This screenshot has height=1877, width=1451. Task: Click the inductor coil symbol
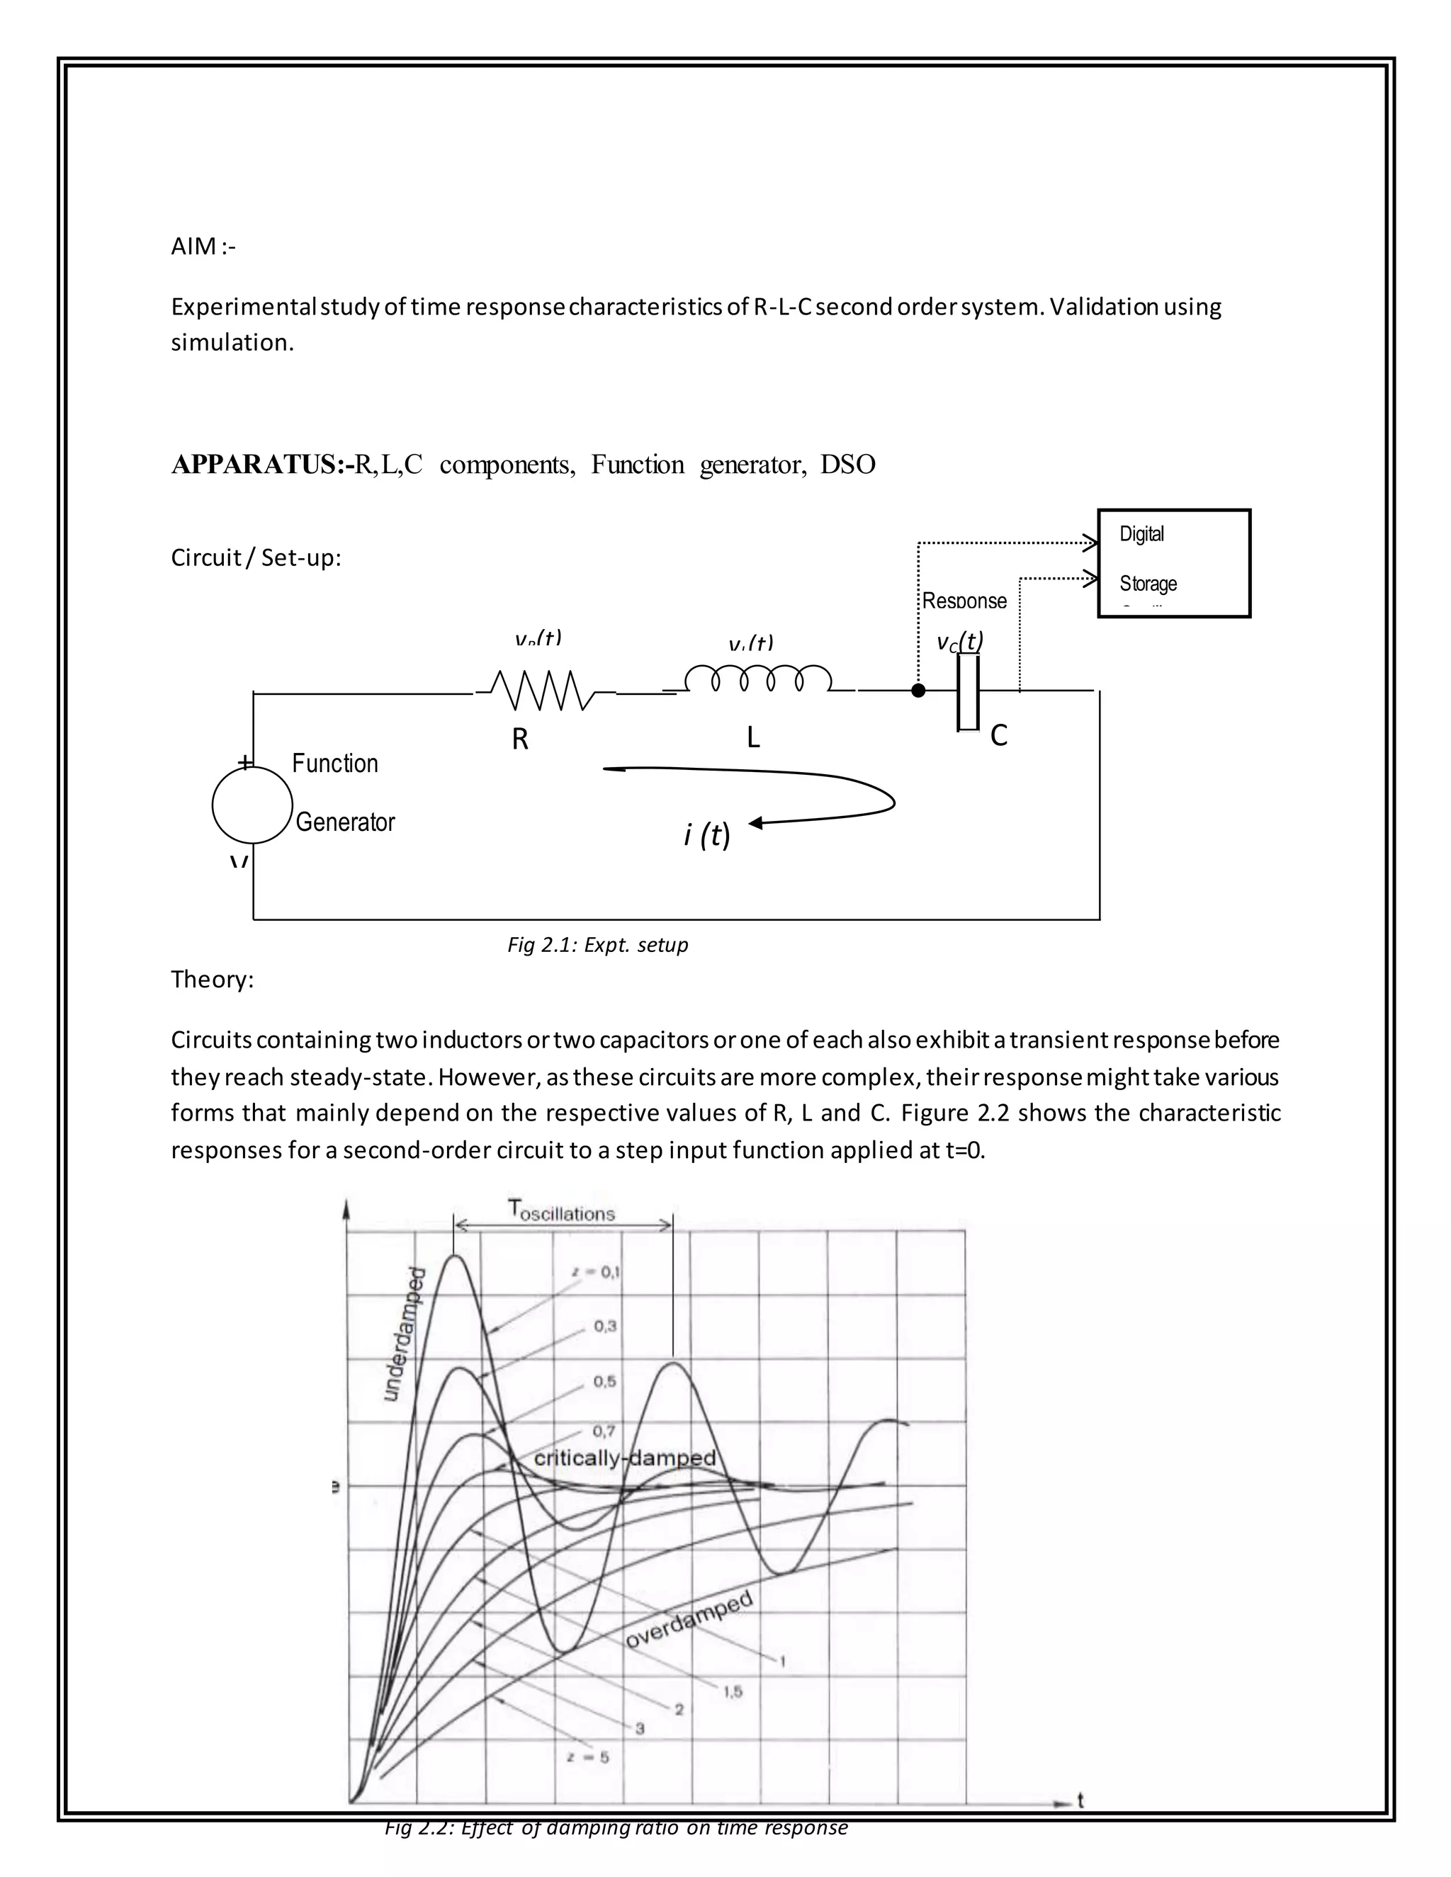757,679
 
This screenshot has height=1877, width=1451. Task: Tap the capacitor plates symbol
968,692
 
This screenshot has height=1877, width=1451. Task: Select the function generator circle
253,805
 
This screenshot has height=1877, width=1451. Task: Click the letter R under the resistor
520,739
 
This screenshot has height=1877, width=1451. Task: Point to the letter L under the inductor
753,737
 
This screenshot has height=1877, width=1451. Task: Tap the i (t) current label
706,834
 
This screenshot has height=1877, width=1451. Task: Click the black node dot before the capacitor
918,690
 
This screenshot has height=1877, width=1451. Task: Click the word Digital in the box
1141,534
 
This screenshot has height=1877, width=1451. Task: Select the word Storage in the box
1148,584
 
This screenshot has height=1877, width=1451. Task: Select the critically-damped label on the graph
625,1458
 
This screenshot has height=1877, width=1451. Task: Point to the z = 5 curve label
589,1757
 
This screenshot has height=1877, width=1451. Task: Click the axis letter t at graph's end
1080,1801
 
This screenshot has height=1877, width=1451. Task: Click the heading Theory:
213,980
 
